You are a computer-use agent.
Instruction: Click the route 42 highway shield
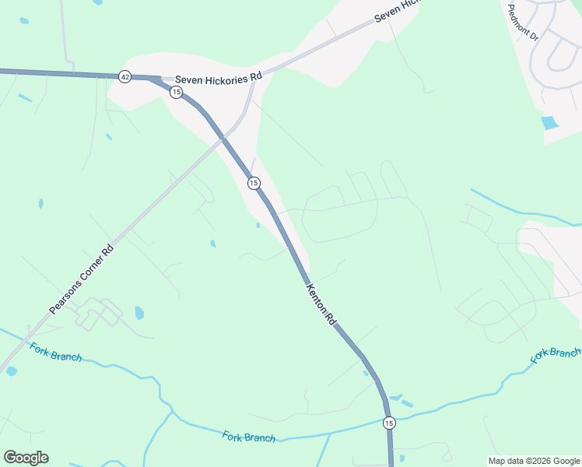pyautogui.click(x=124, y=76)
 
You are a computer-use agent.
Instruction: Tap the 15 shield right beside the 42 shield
pyautogui.click(x=176, y=92)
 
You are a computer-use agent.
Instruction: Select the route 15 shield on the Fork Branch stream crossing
pyautogui.click(x=389, y=423)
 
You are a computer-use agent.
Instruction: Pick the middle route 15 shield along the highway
pyautogui.click(x=254, y=183)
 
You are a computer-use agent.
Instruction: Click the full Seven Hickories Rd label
pyautogui.click(x=219, y=79)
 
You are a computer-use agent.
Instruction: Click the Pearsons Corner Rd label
pyautogui.click(x=82, y=279)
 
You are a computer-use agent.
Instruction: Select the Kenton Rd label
pyautogui.click(x=321, y=304)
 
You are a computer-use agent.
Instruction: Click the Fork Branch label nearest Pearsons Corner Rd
pyautogui.click(x=56, y=351)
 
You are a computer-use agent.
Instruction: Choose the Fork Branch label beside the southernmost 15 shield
pyautogui.click(x=249, y=437)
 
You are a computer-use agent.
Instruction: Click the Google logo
pyautogui.click(x=26, y=458)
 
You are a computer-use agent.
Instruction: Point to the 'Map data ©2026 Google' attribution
pyautogui.click(x=534, y=461)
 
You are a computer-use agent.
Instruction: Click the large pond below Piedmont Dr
pyautogui.click(x=549, y=122)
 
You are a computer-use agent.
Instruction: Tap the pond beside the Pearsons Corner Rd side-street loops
pyautogui.click(x=139, y=313)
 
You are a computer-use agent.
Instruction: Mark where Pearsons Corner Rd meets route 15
pyautogui.click(x=223, y=139)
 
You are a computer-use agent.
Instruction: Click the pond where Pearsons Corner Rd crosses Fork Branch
pyautogui.click(x=11, y=371)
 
